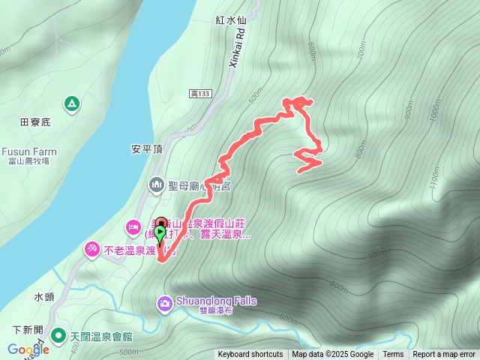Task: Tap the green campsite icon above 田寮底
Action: (70, 103)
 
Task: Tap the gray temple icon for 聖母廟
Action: (157, 183)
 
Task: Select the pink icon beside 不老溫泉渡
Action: (91, 247)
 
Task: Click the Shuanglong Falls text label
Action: (216, 301)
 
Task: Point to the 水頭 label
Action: (44, 296)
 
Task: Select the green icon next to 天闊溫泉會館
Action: (59, 334)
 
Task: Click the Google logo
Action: (28, 349)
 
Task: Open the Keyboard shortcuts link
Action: (250, 355)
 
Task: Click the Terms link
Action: (393, 355)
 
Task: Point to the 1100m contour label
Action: (434, 178)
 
